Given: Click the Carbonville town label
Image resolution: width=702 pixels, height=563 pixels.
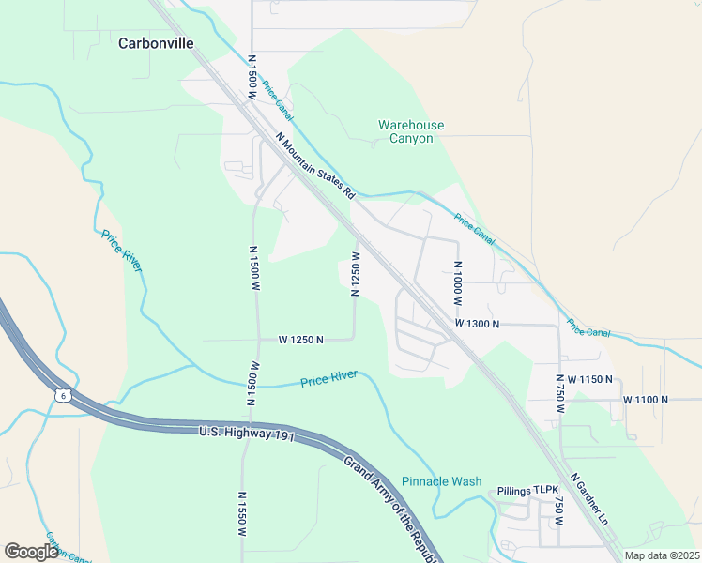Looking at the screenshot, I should click(156, 43).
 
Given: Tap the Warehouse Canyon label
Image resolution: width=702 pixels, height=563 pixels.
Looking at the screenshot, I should click(411, 131).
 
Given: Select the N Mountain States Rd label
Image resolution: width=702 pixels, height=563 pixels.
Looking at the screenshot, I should click(316, 165).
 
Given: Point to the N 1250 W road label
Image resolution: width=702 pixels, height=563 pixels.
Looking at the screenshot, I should click(356, 274).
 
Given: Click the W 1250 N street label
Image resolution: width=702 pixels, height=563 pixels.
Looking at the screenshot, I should click(300, 340).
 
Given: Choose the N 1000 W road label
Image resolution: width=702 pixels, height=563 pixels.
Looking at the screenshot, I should click(458, 281).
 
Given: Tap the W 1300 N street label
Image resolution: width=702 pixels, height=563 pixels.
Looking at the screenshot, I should click(477, 323).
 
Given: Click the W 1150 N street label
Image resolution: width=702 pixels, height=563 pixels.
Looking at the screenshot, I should click(583, 379).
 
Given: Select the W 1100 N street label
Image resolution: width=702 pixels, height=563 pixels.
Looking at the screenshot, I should click(646, 400).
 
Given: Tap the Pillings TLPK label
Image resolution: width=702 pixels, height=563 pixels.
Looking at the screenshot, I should click(527, 491).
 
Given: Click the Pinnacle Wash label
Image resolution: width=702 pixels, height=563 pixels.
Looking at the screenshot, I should click(441, 481).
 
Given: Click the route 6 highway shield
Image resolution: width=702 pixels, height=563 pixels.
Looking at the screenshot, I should click(61, 397).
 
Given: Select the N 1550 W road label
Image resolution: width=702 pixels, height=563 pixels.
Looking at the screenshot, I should click(241, 512).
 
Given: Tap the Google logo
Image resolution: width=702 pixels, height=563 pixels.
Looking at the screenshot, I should click(31, 552).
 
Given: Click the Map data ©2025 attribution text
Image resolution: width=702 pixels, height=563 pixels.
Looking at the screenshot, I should click(661, 555).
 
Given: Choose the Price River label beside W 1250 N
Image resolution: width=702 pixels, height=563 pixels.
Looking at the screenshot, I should click(328, 379).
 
